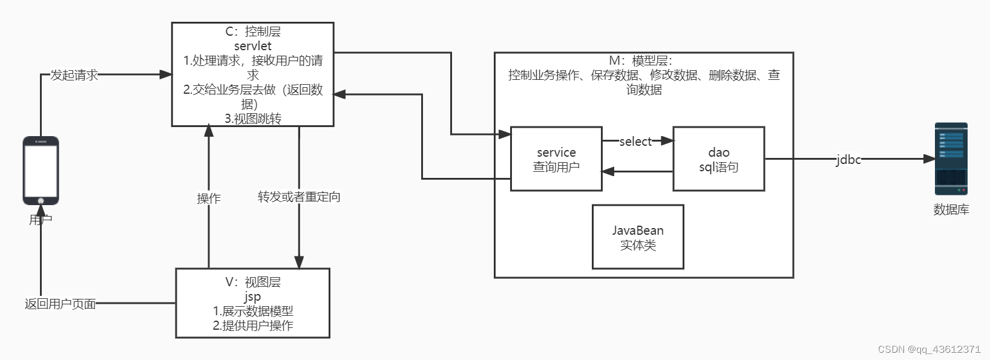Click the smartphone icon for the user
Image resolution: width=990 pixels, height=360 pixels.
click(41, 171)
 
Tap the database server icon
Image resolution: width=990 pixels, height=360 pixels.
click(951, 159)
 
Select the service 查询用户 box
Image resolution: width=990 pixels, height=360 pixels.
click(556, 159)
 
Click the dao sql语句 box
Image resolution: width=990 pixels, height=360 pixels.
click(718, 159)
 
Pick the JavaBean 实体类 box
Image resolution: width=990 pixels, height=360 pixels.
click(638, 237)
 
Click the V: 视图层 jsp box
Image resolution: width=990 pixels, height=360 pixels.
click(252, 303)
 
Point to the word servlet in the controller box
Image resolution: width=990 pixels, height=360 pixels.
click(252, 46)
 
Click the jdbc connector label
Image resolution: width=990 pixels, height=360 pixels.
click(848, 159)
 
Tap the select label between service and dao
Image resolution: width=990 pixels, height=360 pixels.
click(635, 142)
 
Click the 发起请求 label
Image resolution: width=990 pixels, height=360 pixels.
click(74, 75)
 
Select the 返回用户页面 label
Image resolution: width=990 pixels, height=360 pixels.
click(60, 304)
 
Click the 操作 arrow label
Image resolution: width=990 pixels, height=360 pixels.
click(209, 198)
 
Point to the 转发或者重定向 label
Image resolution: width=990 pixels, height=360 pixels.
click(299, 197)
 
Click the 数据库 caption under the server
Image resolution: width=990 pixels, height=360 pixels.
click(951, 209)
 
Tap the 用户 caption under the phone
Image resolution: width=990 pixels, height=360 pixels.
click(41, 219)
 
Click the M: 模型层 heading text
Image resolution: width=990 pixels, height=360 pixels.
click(640, 61)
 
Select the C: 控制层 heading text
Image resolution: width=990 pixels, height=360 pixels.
click(252, 31)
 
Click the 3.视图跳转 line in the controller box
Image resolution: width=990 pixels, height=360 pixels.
click(252, 119)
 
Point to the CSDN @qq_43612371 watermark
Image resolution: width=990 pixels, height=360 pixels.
click(928, 349)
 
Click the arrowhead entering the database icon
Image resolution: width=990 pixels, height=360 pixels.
click(929, 159)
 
